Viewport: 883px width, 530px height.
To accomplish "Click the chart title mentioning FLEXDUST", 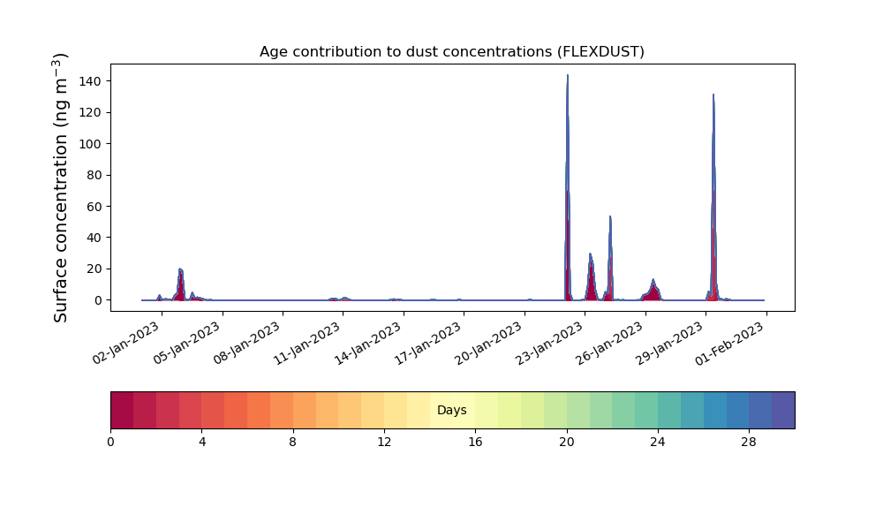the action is click(x=451, y=52).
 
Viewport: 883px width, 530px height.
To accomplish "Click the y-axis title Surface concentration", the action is click(x=60, y=187).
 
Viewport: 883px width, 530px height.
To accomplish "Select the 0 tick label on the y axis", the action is click(x=99, y=300).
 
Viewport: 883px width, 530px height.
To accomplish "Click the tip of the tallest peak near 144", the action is click(x=568, y=75).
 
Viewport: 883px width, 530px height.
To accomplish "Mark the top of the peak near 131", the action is click(x=713, y=95).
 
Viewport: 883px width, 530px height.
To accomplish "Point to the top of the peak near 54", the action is click(x=610, y=216).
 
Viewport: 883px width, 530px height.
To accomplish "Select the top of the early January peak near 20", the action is click(x=180, y=269).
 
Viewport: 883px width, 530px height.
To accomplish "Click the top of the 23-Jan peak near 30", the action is click(x=590, y=254).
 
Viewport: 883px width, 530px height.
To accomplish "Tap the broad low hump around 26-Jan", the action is click(x=653, y=290).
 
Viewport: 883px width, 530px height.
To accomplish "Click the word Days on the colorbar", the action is click(x=451, y=410).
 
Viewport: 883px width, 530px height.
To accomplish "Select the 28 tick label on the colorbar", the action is click(x=749, y=443).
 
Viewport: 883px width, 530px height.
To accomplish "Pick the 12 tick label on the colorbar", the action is click(x=384, y=443).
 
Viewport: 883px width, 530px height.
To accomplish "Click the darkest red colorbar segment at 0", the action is click(x=122, y=410).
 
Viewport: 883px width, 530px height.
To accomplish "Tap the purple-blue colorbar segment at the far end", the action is click(x=783, y=410).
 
